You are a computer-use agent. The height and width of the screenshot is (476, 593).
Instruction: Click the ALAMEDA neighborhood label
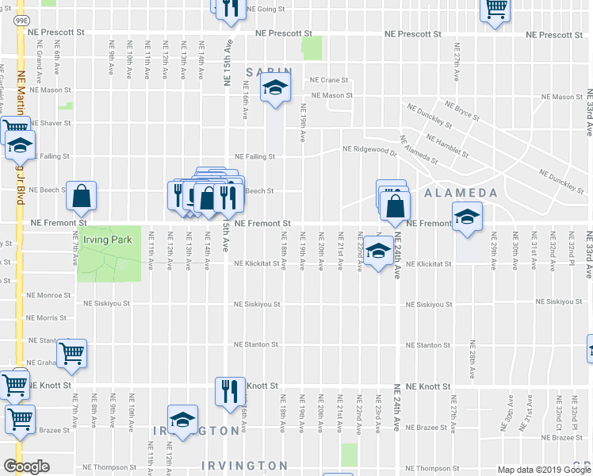point(461,193)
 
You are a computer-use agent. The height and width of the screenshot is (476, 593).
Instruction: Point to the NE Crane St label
point(329,80)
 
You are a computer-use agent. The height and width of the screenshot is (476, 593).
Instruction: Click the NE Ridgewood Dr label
point(369,149)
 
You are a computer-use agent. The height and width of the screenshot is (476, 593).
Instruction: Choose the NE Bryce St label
point(461,110)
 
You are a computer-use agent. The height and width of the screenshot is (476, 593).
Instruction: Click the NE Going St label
point(266,10)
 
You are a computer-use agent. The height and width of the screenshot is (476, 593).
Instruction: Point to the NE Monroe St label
point(51,295)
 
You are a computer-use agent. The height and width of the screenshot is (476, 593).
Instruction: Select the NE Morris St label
point(48,318)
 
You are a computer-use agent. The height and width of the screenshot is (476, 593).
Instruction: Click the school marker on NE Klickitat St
point(379,251)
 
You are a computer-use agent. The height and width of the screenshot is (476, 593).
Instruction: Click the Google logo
point(26,466)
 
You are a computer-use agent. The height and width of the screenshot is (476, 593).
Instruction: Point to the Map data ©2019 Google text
point(541,470)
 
